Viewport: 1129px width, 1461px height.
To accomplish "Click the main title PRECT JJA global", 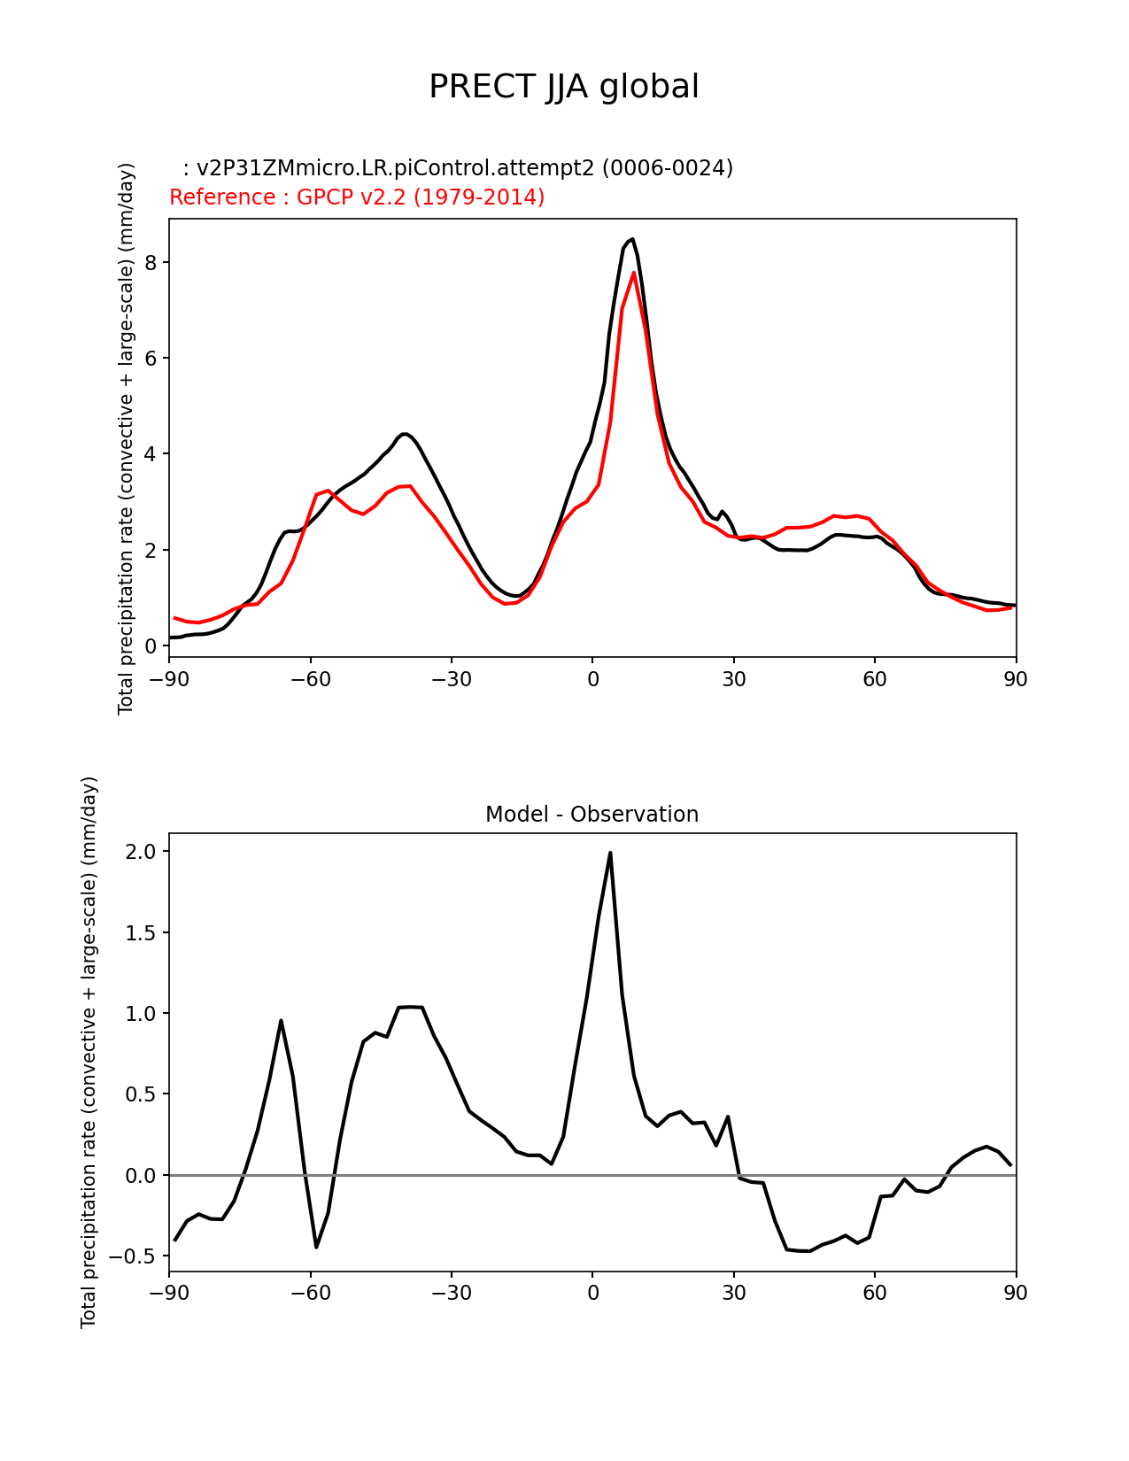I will pyautogui.click(x=564, y=87).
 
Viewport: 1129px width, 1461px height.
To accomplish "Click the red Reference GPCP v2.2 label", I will pyautogui.click(x=357, y=197).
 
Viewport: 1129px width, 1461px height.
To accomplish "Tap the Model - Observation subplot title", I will pyautogui.click(x=592, y=815).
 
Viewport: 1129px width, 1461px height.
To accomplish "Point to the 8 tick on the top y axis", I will pyautogui.click(x=151, y=263).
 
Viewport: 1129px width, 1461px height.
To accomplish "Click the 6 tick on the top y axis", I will pyautogui.click(x=151, y=359).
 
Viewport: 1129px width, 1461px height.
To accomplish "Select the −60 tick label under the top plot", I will pyautogui.click(x=310, y=680).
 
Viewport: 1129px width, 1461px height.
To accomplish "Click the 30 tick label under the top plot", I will pyautogui.click(x=734, y=680).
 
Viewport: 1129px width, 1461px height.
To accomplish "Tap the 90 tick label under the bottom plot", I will pyautogui.click(x=1016, y=1294).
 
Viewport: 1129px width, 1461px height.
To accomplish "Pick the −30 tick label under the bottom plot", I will pyautogui.click(x=451, y=1294).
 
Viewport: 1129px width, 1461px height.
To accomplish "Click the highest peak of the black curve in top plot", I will pyautogui.click(x=631, y=239).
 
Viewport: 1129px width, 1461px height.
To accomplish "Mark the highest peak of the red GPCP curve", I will pyautogui.click(x=634, y=273).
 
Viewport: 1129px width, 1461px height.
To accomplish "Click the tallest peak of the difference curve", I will pyautogui.click(x=610, y=853).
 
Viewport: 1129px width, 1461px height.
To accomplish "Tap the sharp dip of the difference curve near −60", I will pyautogui.click(x=316, y=1247).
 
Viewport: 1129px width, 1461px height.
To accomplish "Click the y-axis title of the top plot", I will pyautogui.click(x=127, y=438).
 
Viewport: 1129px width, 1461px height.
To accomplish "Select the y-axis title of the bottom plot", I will pyautogui.click(x=89, y=1052).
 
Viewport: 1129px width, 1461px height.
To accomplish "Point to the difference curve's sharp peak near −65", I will pyautogui.click(x=281, y=1020).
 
